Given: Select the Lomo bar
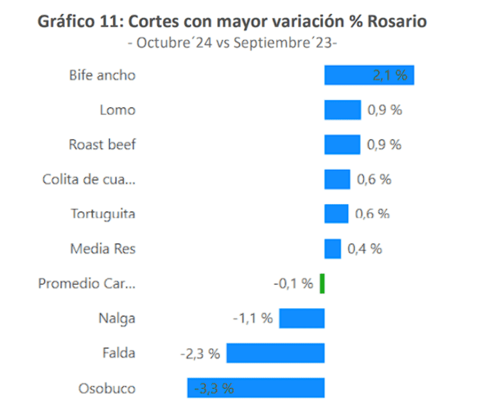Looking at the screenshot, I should click(342, 110).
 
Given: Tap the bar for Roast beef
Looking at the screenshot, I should click(342, 145).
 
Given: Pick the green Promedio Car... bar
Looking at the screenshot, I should click(322, 284).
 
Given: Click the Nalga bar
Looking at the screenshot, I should click(302, 318).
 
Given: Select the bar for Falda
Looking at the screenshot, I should click(275, 353).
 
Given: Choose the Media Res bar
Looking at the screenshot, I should click(332, 249).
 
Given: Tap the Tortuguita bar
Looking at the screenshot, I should click(336, 214).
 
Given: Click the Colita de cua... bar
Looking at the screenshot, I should click(337, 179).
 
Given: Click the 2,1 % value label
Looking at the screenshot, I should click(390, 75).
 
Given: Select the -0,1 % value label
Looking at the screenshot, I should click(293, 284).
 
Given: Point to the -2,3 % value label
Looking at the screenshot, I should click(200, 353).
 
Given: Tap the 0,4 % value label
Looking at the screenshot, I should click(364, 249).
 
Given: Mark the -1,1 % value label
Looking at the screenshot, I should click(253, 319).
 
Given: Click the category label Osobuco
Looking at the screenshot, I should click(107, 388).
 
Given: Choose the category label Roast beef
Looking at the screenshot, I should click(102, 145).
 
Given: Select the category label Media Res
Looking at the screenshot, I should click(103, 249).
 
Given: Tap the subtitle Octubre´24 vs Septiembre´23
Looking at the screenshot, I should click(233, 43).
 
